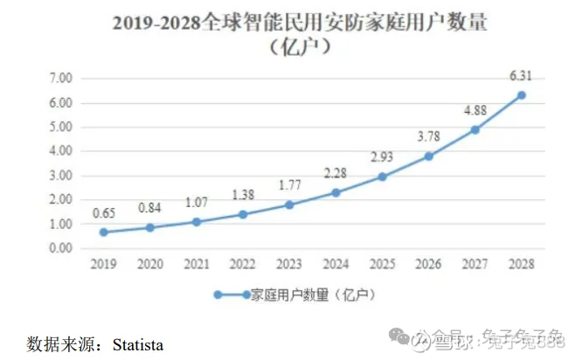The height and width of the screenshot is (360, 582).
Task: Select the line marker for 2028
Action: [521, 95]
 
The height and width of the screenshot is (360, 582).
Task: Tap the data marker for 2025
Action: [382, 177]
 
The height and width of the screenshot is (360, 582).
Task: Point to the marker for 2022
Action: [243, 214]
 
